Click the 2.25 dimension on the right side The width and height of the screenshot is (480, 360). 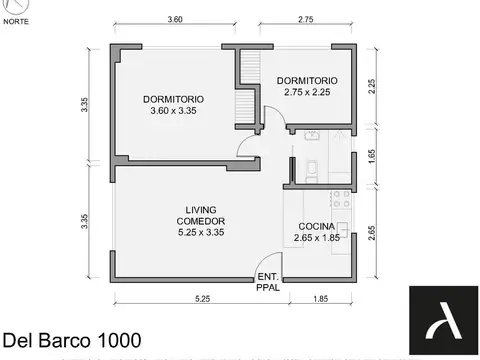pyautogui.click(x=371, y=86)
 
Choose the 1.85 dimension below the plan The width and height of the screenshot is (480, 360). pyautogui.click(x=320, y=298)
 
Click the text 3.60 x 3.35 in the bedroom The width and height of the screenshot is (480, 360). pyautogui.click(x=174, y=111)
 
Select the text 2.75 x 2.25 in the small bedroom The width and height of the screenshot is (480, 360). pyautogui.click(x=307, y=92)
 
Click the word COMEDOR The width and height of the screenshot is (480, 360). pyautogui.click(x=200, y=221)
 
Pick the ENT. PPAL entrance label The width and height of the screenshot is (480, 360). pyautogui.click(x=268, y=281)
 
